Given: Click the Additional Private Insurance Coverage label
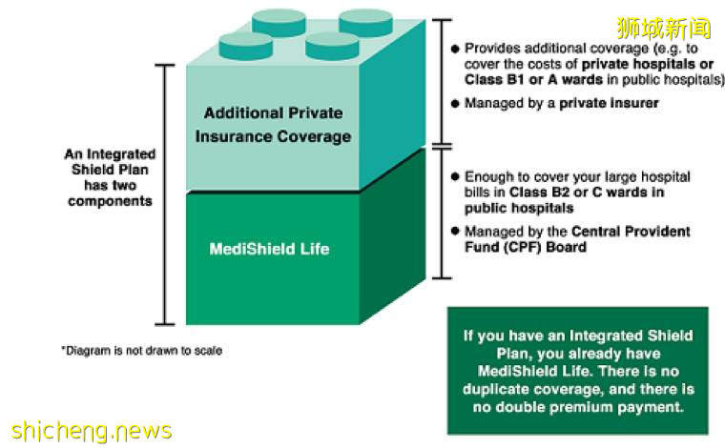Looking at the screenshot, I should pyautogui.click(x=273, y=125).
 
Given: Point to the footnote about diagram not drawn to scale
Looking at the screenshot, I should pyautogui.click(x=142, y=351).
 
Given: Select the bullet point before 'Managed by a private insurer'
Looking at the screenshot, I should pyautogui.click(x=455, y=103).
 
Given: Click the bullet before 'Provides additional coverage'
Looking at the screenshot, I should pyautogui.click(x=455, y=48).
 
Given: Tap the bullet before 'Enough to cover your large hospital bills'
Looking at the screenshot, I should pyautogui.click(x=455, y=177).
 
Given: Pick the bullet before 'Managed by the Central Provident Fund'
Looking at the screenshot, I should pyautogui.click(x=455, y=232).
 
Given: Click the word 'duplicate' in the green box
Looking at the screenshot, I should pyautogui.click(x=509, y=390).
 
